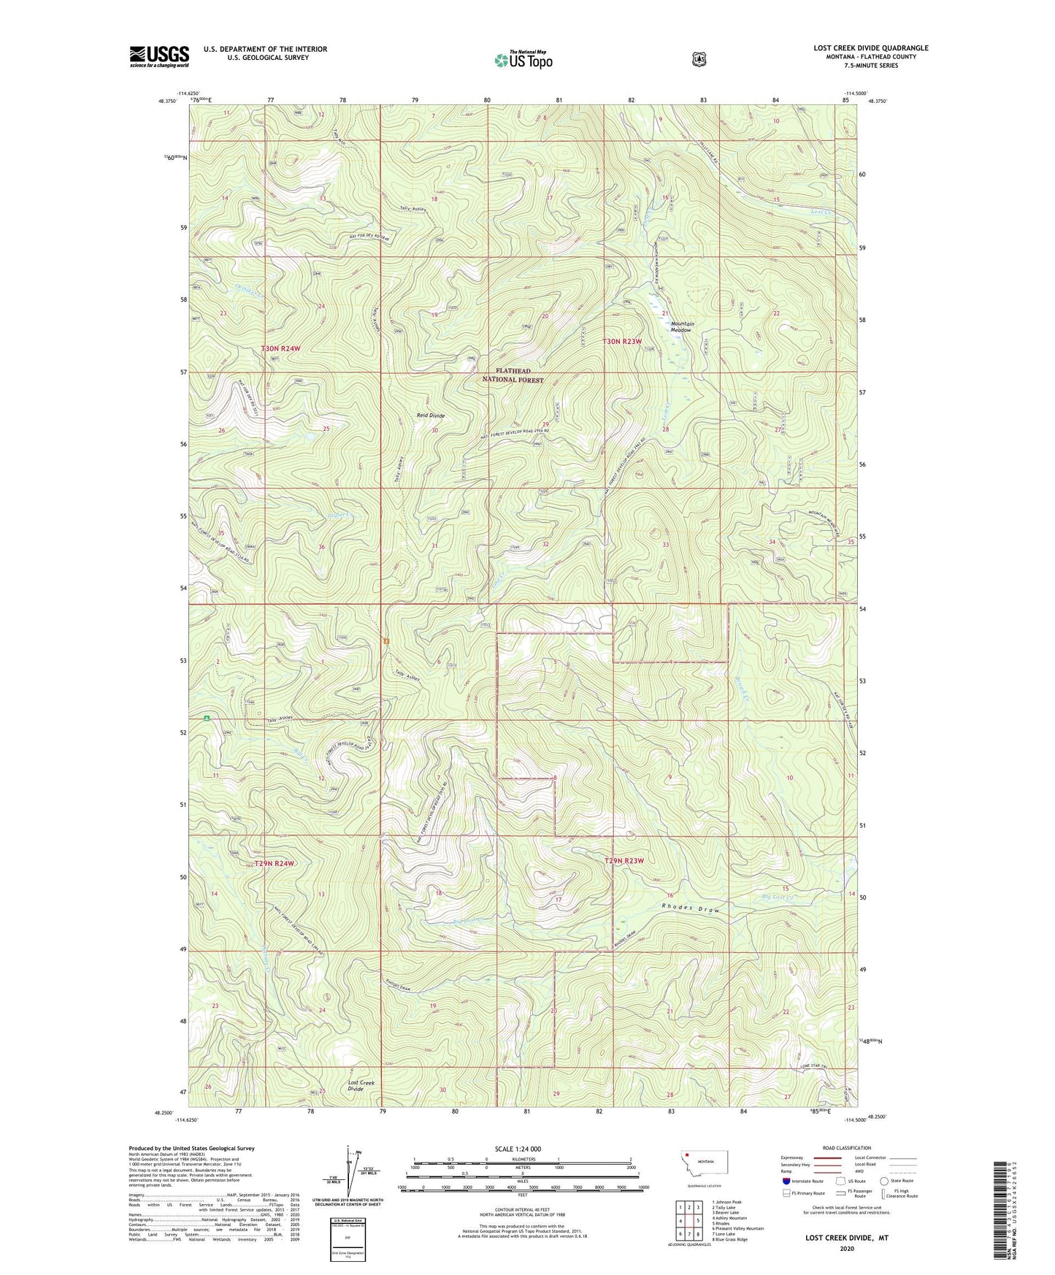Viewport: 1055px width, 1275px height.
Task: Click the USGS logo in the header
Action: coord(159,56)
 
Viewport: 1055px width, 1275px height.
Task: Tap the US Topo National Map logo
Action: coord(522,59)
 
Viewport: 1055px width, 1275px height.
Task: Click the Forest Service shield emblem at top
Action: coord(699,59)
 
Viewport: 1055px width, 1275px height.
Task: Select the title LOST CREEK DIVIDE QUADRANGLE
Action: coord(870,48)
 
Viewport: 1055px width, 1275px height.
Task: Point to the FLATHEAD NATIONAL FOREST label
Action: coord(514,375)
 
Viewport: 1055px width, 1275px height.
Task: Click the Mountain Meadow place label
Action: coord(683,326)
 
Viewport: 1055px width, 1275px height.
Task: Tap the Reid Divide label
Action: coord(431,416)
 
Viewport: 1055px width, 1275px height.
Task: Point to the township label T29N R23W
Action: coord(624,861)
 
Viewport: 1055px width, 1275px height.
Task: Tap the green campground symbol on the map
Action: coord(207,718)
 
